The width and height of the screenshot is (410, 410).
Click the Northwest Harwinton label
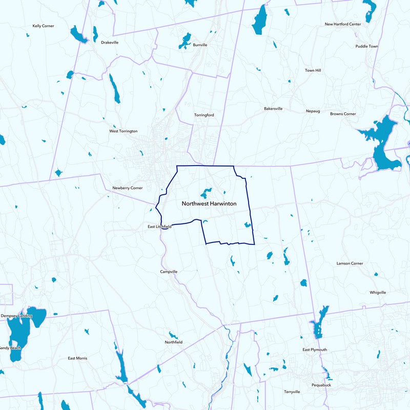[x=209, y=203]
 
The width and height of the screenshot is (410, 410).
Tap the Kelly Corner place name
[x=43, y=26]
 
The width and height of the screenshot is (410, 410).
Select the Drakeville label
[x=110, y=43]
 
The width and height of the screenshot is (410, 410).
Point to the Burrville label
[x=200, y=45]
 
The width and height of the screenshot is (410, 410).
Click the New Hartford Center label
[x=343, y=24]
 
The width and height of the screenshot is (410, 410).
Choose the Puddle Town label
[x=366, y=46]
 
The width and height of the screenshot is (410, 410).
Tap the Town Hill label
[x=313, y=70]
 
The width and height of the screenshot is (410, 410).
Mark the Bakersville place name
[x=273, y=109]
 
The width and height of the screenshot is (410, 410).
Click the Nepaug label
[x=313, y=111]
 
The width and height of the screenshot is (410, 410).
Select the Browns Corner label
[x=343, y=114]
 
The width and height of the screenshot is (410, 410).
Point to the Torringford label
[x=204, y=115]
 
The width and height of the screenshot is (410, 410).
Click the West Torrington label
[x=124, y=131]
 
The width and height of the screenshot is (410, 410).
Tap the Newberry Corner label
[x=128, y=188]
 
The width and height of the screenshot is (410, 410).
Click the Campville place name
[x=169, y=271]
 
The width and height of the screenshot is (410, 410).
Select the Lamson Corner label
[x=350, y=263]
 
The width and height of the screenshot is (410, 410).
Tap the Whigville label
[x=378, y=292]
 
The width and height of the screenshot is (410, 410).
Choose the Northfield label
[x=174, y=342]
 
